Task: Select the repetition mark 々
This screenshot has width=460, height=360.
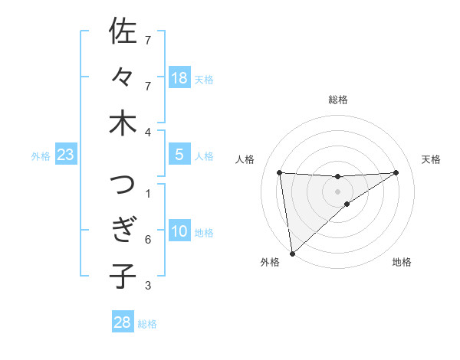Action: (x=122, y=77)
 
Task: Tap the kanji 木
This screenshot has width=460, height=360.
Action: (x=122, y=123)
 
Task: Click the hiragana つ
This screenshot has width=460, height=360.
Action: (x=122, y=185)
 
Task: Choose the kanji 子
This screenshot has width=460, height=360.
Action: (x=122, y=277)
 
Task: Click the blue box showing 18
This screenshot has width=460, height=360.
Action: (x=179, y=77)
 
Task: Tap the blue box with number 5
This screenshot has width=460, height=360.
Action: (x=179, y=155)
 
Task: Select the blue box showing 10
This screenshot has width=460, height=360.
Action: (x=179, y=231)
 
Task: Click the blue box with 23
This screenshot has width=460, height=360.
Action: (x=65, y=155)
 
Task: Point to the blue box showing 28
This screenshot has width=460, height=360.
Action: (x=123, y=322)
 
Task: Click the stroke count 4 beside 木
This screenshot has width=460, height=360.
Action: (x=148, y=132)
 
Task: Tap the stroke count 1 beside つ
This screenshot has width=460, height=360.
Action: (x=148, y=193)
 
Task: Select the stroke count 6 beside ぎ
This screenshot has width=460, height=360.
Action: (x=148, y=240)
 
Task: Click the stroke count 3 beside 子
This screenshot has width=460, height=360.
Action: (x=148, y=286)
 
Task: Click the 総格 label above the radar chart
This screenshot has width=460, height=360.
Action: (x=337, y=100)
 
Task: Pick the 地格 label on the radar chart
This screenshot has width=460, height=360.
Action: (x=402, y=262)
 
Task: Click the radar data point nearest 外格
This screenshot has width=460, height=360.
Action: (x=292, y=254)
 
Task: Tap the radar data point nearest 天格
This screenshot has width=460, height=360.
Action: (x=396, y=172)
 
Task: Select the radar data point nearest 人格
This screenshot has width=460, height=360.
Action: (x=280, y=172)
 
